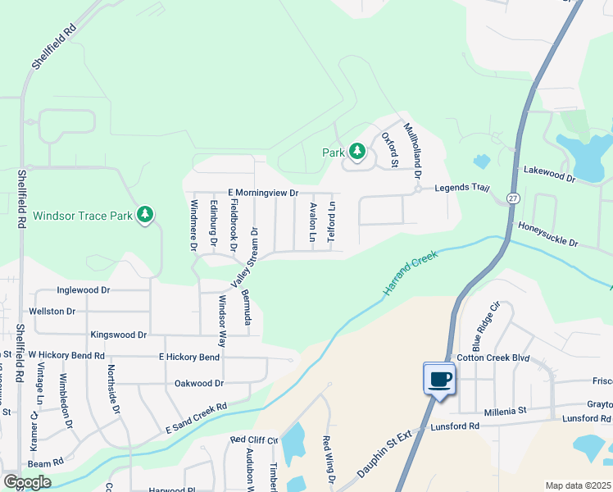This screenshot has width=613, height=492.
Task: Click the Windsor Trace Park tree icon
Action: point(145,215)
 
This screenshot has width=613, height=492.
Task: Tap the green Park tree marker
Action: point(356,152)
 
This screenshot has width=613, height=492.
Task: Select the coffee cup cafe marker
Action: point(439,378)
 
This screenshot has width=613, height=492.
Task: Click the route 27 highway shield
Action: point(513,198)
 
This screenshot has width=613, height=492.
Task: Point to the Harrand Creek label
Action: point(411,274)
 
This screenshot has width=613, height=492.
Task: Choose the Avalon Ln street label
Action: point(312,221)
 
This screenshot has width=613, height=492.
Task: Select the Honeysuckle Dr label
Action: point(548,234)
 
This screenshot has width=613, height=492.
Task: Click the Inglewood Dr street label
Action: point(83,290)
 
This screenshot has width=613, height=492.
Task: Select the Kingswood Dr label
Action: point(118,335)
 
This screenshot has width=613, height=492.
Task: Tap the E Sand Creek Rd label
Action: point(195,418)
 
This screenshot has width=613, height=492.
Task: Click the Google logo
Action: point(27,482)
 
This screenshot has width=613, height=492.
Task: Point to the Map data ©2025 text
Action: point(577,485)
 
